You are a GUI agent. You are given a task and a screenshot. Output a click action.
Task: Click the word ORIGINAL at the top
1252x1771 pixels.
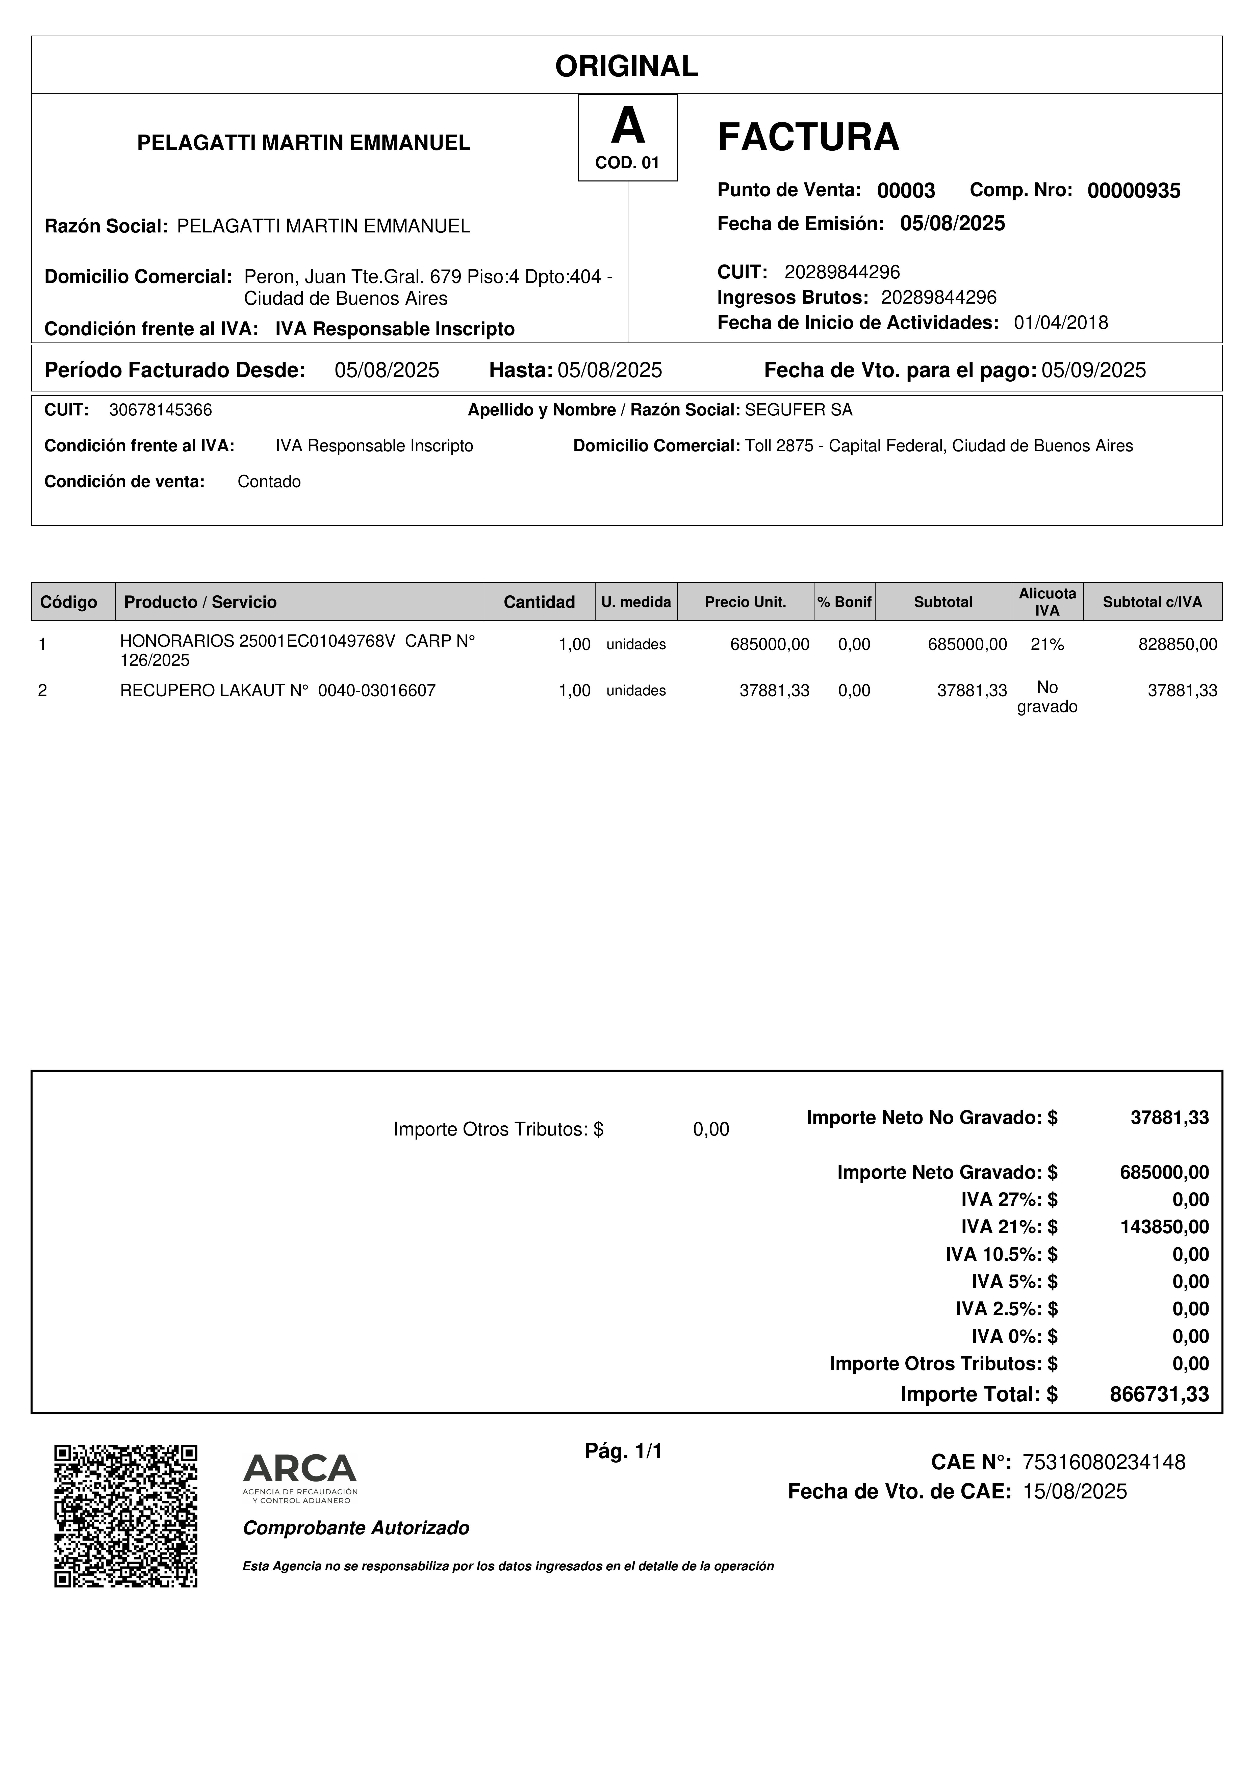[626, 66]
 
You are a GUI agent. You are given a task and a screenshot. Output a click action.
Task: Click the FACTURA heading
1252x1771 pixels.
[808, 137]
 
